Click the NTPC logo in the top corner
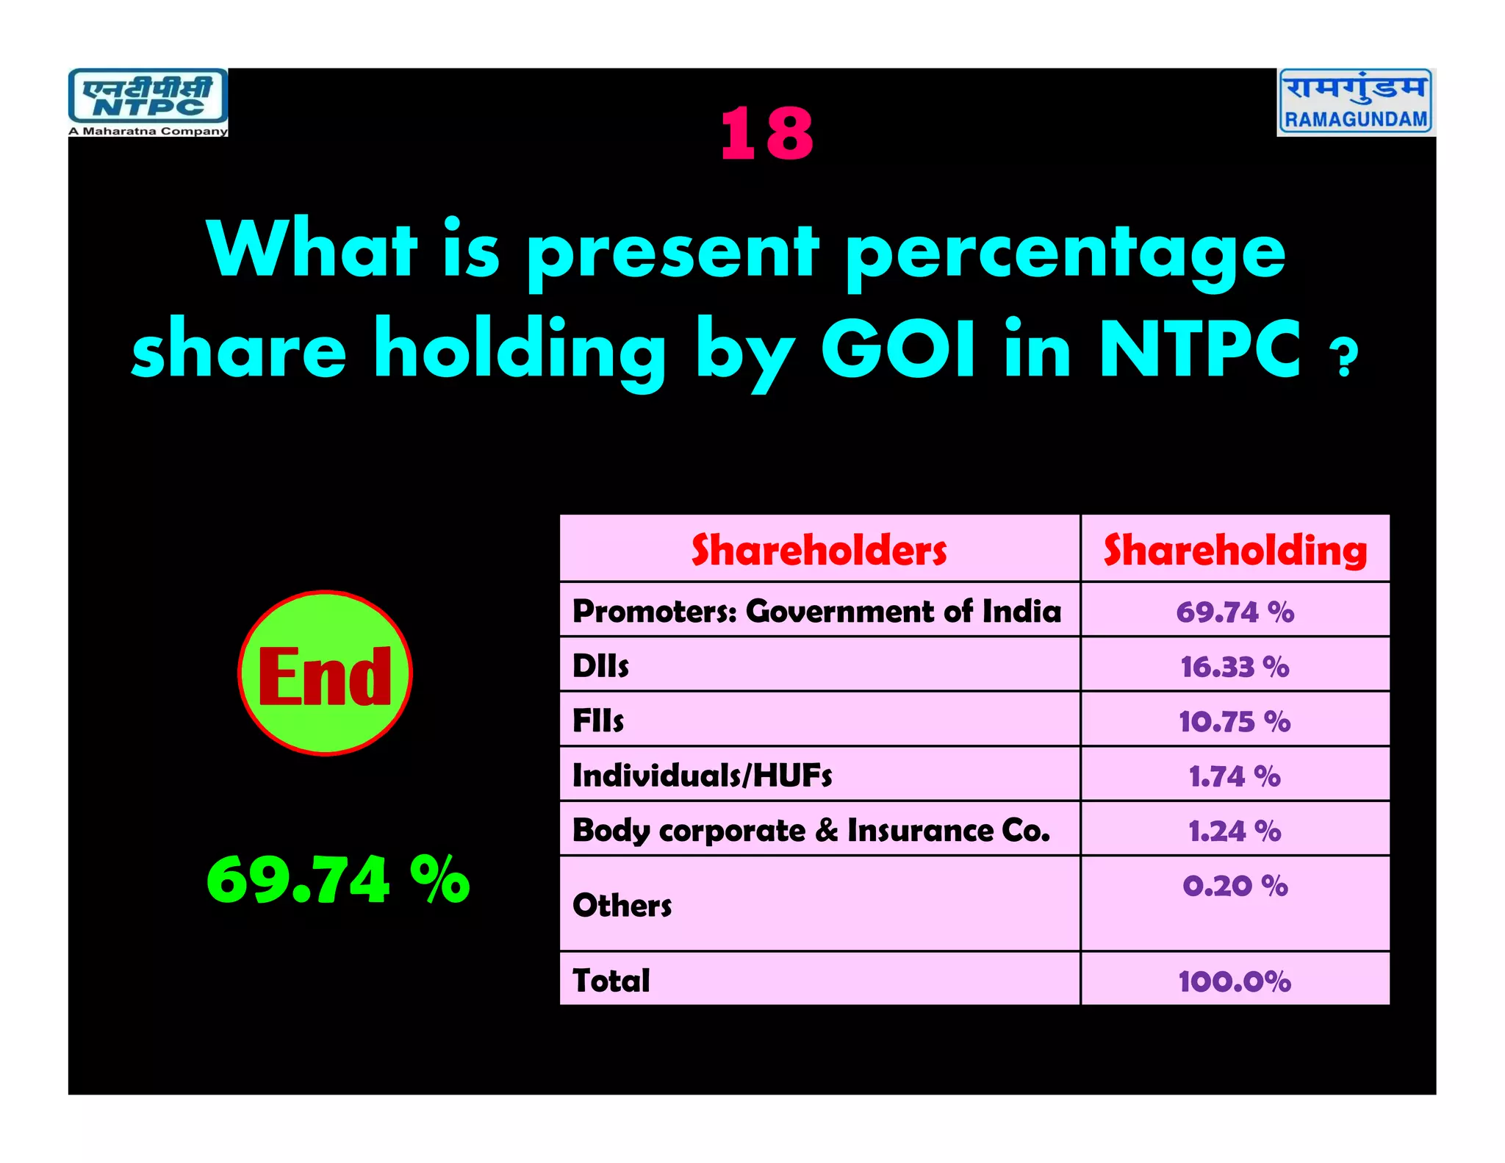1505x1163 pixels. (x=148, y=102)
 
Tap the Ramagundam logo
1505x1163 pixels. (x=1356, y=101)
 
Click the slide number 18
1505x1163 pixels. (x=766, y=134)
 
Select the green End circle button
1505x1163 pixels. (x=325, y=673)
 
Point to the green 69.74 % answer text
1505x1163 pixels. (x=338, y=879)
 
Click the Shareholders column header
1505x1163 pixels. (x=819, y=550)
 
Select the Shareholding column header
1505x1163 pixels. (x=1235, y=550)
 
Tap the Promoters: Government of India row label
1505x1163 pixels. (x=816, y=611)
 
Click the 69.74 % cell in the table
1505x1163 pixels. (x=1235, y=612)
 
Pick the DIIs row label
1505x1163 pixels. (x=600, y=666)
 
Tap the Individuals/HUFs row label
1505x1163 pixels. (x=702, y=776)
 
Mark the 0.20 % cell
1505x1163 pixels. (x=1235, y=886)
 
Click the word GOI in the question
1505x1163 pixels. (x=898, y=349)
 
